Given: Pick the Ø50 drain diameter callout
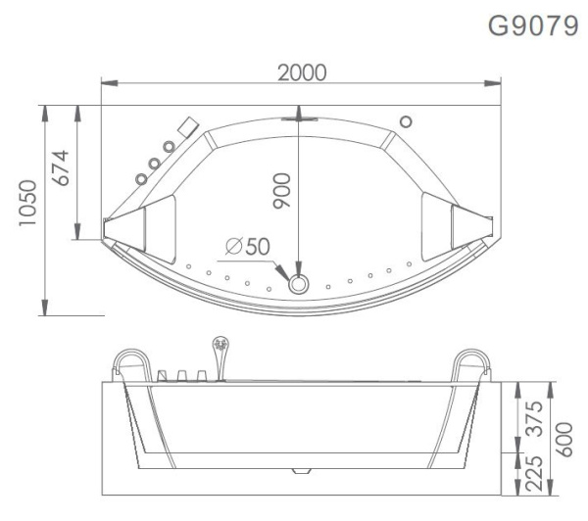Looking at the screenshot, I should [246, 247].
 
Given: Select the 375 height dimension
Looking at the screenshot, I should [535, 415].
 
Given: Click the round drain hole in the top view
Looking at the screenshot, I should [299, 284].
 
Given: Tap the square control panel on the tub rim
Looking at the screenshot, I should [186, 125].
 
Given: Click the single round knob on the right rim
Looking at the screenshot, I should [405, 122].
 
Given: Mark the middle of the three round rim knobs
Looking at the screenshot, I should [155, 162].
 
